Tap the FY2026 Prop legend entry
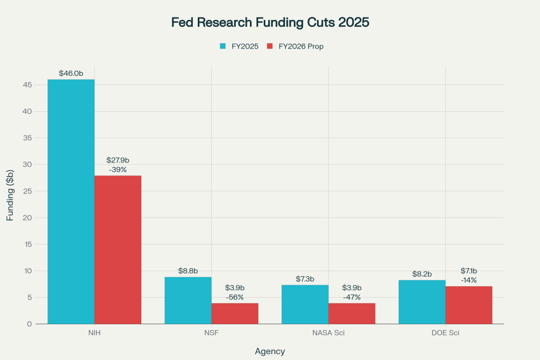[295, 46]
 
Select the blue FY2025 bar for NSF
[188, 300]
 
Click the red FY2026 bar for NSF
[235, 313]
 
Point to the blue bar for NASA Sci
[305, 304]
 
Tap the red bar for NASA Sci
[352, 313]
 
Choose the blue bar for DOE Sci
[422, 301]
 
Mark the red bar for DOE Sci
[469, 305]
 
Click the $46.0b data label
[71, 73]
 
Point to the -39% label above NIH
[118, 169]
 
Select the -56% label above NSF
[235, 297]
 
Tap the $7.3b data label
[305, 278]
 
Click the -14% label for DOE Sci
[469, 280]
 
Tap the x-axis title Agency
[270, 351]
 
